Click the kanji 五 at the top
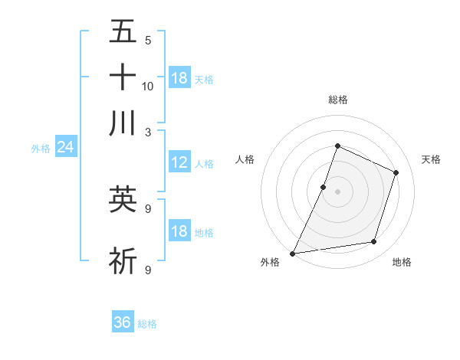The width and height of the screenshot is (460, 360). (123, 31)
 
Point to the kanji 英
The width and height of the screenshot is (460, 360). (123, 199)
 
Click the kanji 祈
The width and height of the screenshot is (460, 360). (123, 260)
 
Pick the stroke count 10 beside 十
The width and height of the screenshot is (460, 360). (148, 86)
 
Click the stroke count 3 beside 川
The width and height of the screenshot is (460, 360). (148, 132)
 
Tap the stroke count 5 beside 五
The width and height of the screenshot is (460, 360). (148, 40)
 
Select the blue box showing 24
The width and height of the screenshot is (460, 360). (65, 148)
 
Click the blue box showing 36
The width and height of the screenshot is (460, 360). (123, 322)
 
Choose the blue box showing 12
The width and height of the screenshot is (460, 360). (179, 162)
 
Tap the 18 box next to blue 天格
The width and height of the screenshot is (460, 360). (179, 78)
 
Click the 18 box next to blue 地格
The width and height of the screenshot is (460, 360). (179, 231)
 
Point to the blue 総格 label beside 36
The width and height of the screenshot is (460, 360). (147, 324)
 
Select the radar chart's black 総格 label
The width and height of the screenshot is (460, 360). (337, 100)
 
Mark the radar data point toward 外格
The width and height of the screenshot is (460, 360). (293, 253)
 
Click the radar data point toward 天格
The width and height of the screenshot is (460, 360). (396, 172)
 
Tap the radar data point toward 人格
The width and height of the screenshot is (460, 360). (324, 187)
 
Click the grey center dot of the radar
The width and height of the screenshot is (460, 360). (337, 191)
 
